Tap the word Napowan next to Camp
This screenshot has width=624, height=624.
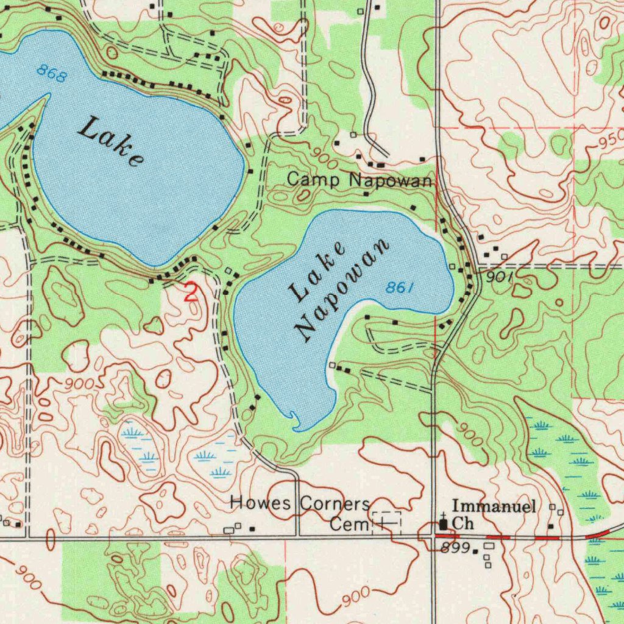click(x=391, y=180)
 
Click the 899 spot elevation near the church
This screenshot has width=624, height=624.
click(x=456, y=547)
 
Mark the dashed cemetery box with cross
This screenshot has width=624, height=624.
click(x=386, y=522)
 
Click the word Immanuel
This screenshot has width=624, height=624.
click(x=494, y=506)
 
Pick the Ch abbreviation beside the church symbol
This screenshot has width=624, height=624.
click(x=464, y=523)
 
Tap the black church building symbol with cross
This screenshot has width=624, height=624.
click(x=442, y=522)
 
